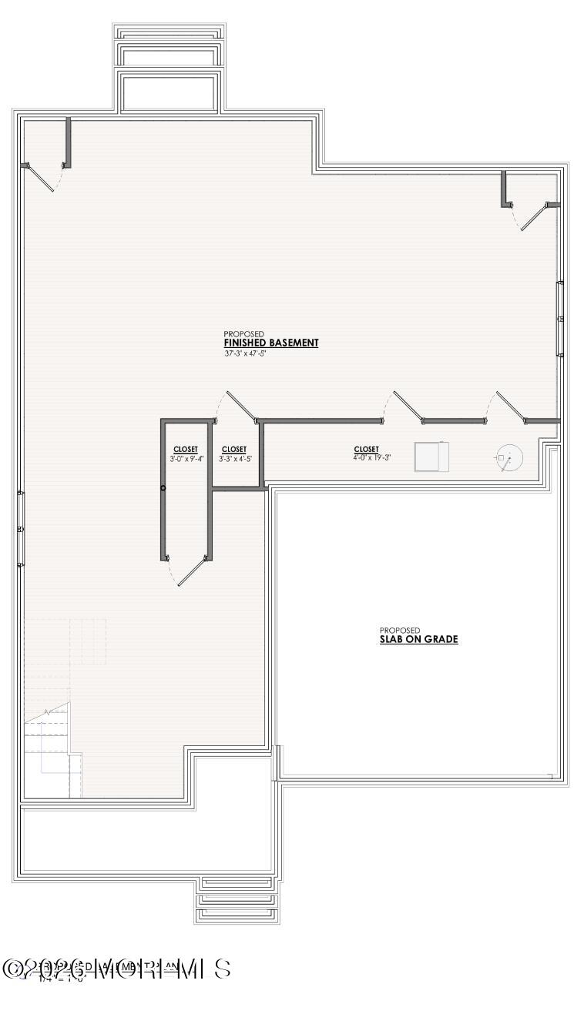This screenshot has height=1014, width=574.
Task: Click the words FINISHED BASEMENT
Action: [270, 343]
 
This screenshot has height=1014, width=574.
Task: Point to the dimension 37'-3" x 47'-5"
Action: [246, 354]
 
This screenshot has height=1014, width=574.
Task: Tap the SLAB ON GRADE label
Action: [418, 639]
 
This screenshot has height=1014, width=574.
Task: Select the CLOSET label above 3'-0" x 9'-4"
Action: [186, 450]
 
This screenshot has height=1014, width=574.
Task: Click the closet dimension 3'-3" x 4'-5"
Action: [235, 459]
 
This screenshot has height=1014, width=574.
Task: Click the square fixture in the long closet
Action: [429, 457]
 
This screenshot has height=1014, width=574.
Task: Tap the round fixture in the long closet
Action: [508, 458]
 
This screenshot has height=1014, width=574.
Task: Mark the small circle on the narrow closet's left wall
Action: [163, 488]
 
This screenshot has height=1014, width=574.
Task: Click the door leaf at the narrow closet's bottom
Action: [193, 572]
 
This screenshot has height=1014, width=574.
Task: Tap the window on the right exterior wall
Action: [561, 319]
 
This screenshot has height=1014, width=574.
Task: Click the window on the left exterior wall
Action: [21, 529]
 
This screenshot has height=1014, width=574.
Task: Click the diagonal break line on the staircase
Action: [46, 712]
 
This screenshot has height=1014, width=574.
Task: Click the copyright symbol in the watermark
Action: [12, 969]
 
